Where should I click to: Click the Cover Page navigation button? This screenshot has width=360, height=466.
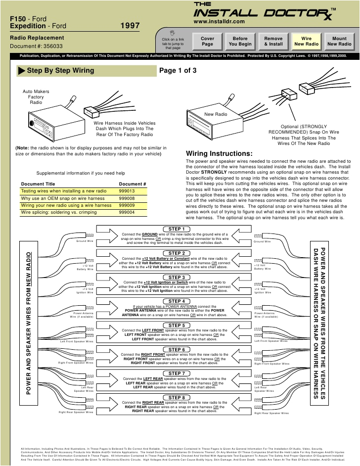[x=207, y=41]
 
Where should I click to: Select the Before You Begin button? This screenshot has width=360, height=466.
[x=240, y=41]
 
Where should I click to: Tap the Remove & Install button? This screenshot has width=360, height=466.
[x=273, y=41]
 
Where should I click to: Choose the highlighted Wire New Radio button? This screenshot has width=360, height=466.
[x=307, y=41]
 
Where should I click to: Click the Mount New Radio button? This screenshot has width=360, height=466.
[x=339, y=41]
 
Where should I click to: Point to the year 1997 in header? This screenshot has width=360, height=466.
[x=130, y=25]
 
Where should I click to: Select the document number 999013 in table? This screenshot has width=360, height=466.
[x=127, y=191]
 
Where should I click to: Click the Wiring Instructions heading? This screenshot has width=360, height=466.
[x=219, y=153]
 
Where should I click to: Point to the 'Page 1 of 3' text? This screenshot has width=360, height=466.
[x=178, y=70]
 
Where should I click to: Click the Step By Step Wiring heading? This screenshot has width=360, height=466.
[x=60, y=71]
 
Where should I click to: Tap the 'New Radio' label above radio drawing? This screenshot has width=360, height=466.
[x=216, y=114]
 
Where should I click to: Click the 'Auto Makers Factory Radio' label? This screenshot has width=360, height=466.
[x=36, y=97]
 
